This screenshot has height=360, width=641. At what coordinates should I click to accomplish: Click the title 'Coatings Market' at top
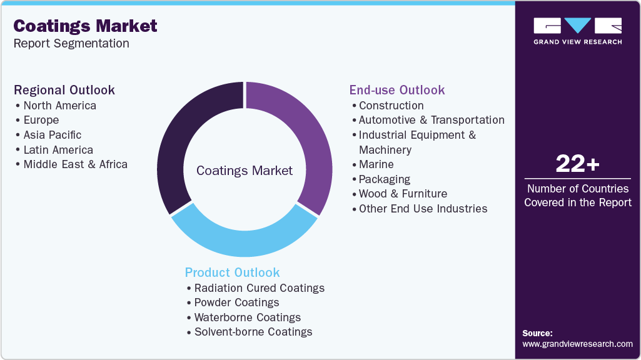(85, 26)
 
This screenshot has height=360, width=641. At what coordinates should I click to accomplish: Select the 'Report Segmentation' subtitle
(71, 43)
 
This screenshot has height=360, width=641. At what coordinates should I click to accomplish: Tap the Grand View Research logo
(577, 31)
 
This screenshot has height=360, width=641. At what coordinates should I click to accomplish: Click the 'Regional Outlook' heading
(64, 90)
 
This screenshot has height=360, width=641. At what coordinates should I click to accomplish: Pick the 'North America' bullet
(59, 105)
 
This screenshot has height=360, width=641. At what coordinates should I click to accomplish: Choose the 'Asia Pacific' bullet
(52, 134)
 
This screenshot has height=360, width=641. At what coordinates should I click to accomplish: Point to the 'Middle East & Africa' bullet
(75, 164)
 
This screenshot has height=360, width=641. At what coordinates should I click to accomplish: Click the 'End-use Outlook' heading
(397, 90)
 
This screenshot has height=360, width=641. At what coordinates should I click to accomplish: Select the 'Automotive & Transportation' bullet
(432, 120)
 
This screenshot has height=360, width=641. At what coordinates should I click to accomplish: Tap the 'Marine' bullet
(376, 164)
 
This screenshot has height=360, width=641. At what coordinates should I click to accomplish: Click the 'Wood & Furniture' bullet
(403, 194)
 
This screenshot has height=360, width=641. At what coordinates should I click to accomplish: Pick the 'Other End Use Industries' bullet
(423, 209)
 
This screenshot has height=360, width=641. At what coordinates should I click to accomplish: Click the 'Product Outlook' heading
(232, 272)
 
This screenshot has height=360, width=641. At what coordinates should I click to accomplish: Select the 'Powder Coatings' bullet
(236, 302)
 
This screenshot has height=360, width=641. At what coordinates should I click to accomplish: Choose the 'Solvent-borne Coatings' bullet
(253, 332)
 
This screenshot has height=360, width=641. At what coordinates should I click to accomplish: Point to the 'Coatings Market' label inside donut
(245, 171)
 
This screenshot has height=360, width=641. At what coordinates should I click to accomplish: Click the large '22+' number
(577, 164)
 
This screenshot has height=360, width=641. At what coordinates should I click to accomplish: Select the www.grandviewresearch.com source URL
(577, 344)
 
